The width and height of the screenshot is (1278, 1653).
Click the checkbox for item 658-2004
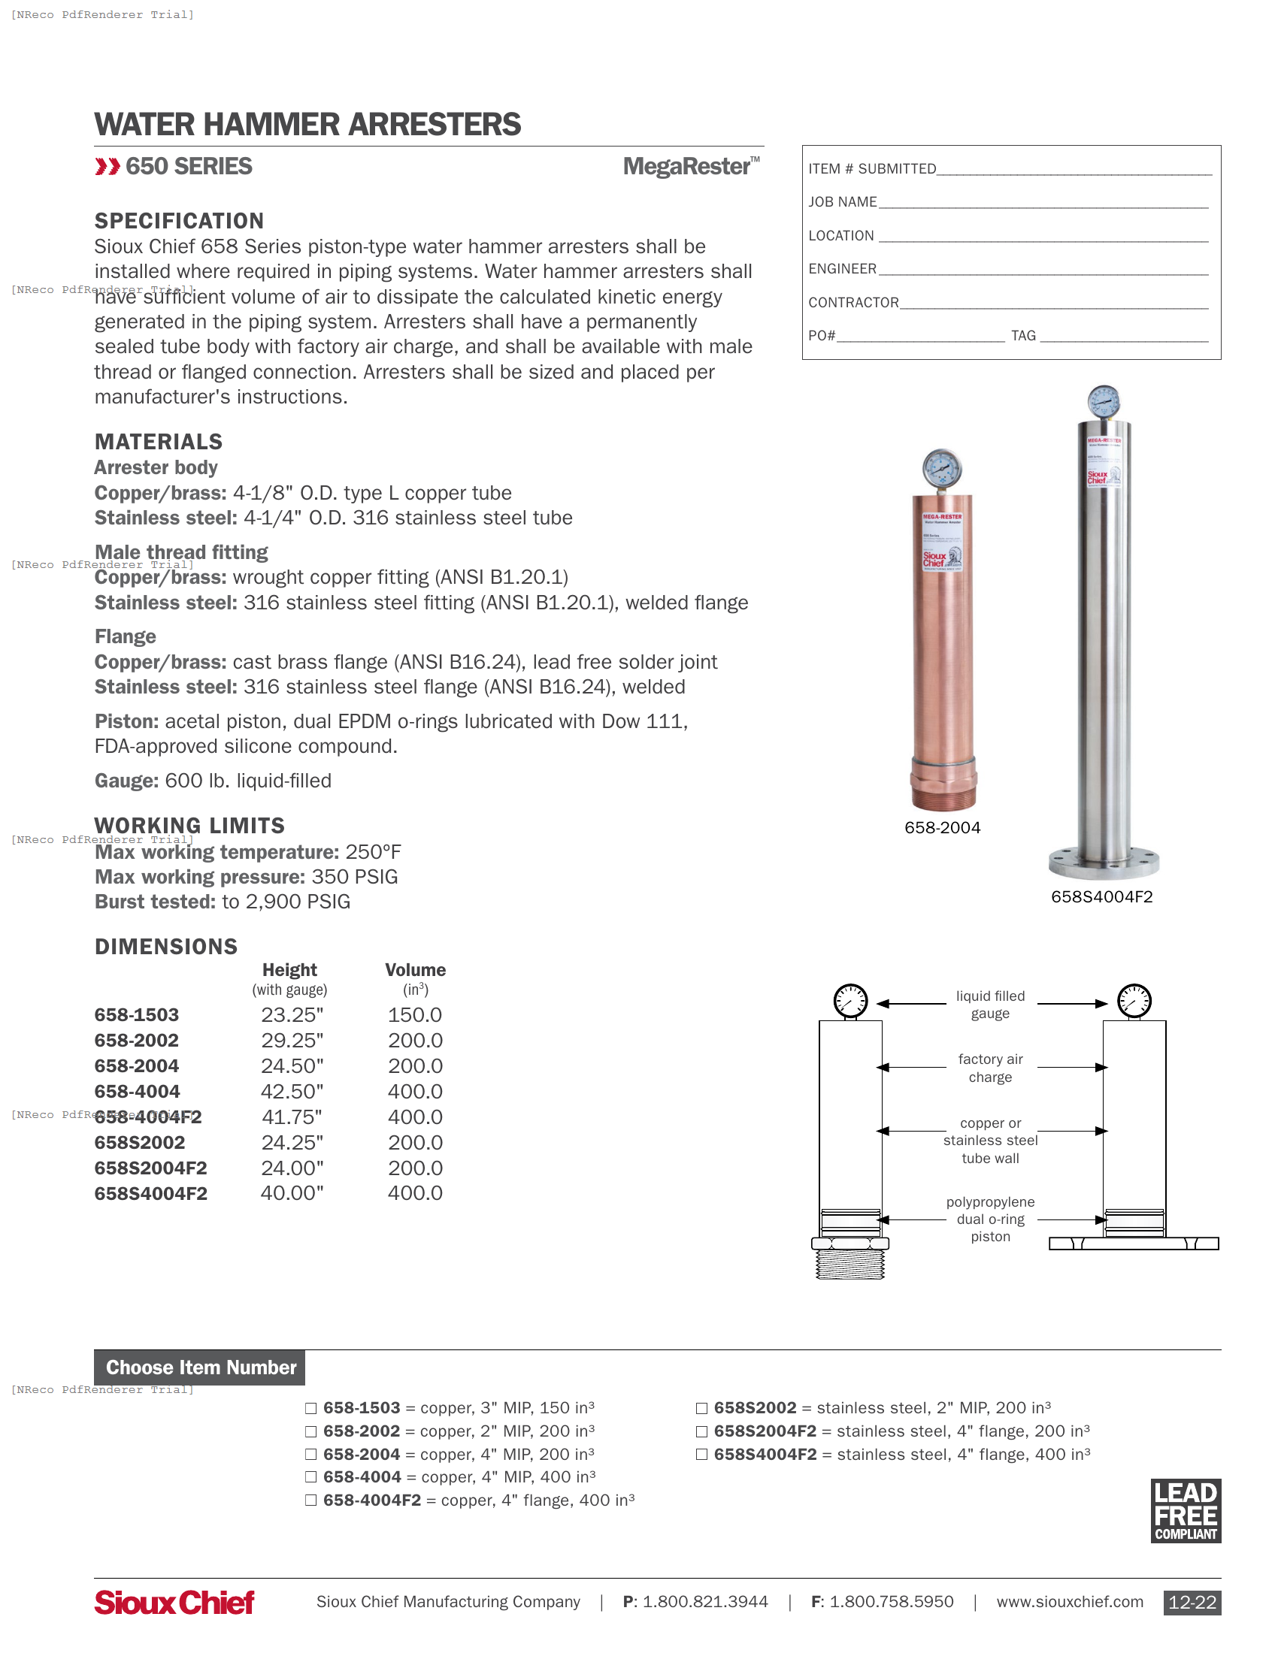(310, 1454)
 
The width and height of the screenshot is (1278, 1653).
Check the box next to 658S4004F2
(701, 1454)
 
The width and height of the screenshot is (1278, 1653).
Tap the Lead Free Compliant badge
(1185, 1511)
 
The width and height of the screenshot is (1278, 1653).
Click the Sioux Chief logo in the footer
(174, 1602)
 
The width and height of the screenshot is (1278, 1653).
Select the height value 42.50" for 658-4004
(292, 1092)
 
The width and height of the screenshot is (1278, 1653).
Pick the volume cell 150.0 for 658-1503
(415, 1015)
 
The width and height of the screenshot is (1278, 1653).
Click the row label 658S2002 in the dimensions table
(139, 1142)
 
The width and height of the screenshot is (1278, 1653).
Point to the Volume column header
(415, 970)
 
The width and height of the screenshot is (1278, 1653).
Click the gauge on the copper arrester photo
(942, 469)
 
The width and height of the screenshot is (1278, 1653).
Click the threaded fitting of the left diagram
(849, 1263)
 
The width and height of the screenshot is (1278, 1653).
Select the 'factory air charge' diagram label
(989, 1068)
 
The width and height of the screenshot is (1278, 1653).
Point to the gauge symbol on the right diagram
(1134, 1001)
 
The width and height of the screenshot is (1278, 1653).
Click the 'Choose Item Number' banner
(200, 1367)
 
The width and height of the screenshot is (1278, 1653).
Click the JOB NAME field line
(1043, 202)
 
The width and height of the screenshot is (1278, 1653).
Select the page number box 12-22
(1191, 1603)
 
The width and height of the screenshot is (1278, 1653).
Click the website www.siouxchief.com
(1069, 1602)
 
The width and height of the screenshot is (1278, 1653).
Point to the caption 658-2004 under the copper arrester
(942, 827)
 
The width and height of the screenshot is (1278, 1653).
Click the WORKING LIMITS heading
(189, 825)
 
